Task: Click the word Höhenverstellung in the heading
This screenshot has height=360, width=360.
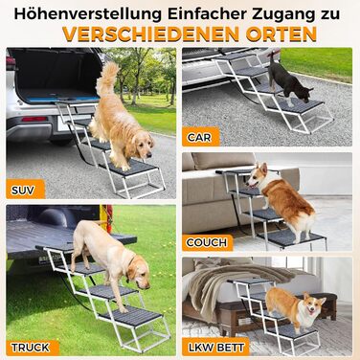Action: coord(87,14)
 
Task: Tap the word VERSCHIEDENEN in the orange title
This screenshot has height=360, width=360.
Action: coord(150,34)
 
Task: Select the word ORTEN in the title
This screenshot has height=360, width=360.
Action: coord(281,34)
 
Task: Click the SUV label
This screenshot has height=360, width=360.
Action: coord(23,191)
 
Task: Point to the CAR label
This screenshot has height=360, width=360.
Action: coord(199,138)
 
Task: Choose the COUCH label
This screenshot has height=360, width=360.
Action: coord(207,242)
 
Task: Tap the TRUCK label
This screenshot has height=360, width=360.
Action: coord(31,348)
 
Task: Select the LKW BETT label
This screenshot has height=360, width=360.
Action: coord(216,348)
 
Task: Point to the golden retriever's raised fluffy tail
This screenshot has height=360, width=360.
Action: coord(107,77)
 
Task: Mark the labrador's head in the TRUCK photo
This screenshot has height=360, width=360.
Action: coord(139,271)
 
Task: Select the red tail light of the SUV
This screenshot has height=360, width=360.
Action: coord(34,119)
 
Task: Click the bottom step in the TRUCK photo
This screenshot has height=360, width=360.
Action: coord(130,317)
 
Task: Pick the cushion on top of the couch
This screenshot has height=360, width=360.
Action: coord(223,161)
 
